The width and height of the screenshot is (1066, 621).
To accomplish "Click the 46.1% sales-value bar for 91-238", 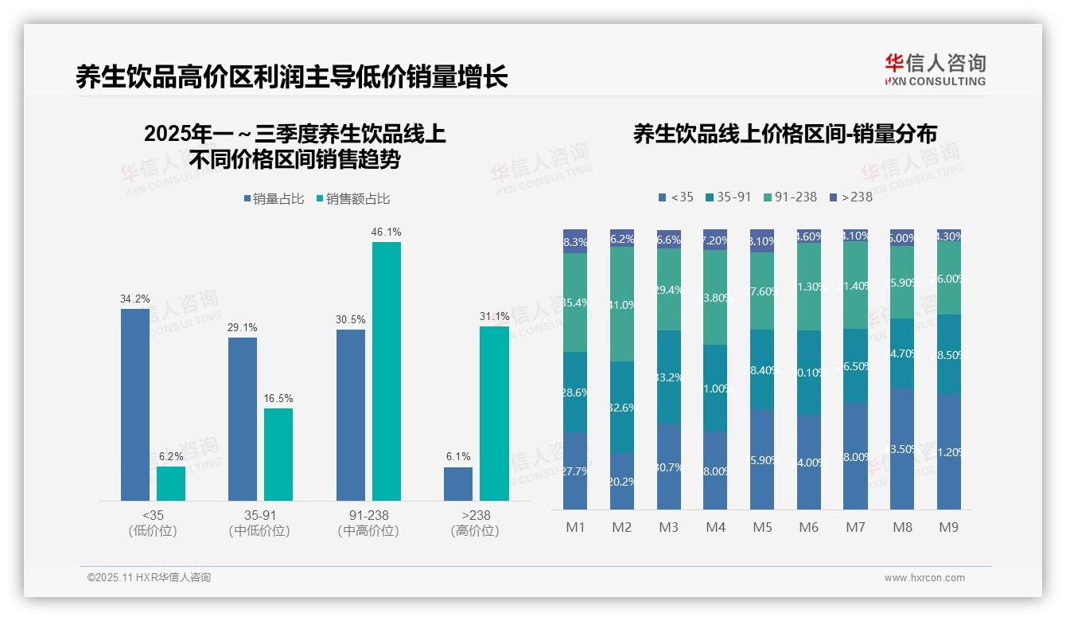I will (x=387, y=371).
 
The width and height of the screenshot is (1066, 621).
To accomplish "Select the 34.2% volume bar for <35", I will (x=135, y=404).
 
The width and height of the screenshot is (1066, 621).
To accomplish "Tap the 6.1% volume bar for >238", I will (x=458, y=484).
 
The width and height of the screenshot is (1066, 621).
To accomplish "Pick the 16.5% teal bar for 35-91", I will (x=278, y=455).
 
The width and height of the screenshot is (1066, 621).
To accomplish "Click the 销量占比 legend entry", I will (x=274, y=199).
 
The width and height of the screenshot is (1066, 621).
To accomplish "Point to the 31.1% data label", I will (x=494, y=317).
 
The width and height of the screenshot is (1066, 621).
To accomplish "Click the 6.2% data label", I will (x=171, y=457).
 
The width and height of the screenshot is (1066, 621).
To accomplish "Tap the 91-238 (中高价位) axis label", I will (x=368, y=523).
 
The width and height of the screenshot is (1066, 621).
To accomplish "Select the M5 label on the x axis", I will (x=762, y=528).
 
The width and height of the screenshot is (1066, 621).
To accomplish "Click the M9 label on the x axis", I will (x=948, y=528).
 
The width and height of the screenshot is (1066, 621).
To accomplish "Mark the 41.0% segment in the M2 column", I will (x=622, y=304).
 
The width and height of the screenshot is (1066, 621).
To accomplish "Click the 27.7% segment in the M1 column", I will (x=574, y=471).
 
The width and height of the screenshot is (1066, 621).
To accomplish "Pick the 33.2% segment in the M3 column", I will (x=669, y=377).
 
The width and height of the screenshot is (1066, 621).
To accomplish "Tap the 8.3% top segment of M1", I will (x=574, y=242).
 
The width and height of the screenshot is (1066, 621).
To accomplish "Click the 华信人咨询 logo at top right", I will (x=935, y=69).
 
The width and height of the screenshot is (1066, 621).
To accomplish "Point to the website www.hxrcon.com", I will (x=924, y=578).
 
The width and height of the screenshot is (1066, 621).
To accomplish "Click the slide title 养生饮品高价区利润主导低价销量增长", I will (x=292, y=77).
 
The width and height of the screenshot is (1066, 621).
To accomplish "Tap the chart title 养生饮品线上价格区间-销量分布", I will (x=784, y=134).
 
